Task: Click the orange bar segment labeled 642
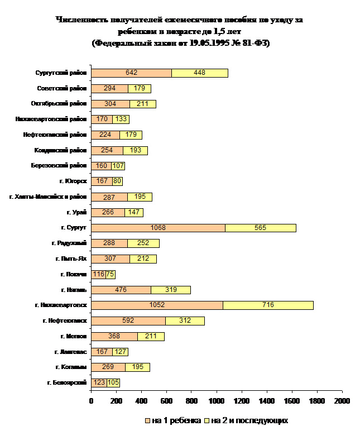coord(131,73)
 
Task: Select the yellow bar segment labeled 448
coord(200,73)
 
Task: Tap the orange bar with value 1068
coord(158,228)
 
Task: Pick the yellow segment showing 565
coord(260,228)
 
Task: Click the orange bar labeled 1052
coord(157,305)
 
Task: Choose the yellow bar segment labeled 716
coord(268,305)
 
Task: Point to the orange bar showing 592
coord(128,320)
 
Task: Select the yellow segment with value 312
coord(185,320)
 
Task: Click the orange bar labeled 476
coord(121,290)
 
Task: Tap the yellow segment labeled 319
coord(171,290)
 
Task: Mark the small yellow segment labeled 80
coord(117,181)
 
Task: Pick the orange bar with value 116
coord(98,274)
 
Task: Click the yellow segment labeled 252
coord(143,243)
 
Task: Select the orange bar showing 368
coord(114,336)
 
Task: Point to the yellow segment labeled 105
coord(113,382)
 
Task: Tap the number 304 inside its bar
coord(111,104)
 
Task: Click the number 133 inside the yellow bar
coord(121,119)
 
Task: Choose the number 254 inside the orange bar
coord(107,151)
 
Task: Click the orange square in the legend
coord(148,420)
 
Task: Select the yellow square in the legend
coord(207,420)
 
